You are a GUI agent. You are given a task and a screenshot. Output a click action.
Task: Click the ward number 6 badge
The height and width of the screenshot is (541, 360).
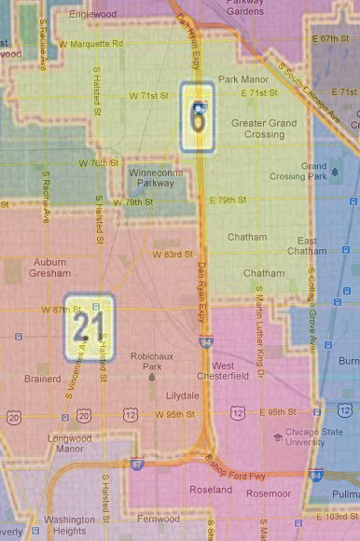pyautogui.click(x=198, y=116)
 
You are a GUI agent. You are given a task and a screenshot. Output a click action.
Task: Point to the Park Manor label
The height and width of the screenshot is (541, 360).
pyautogui.click(x=242, y=79)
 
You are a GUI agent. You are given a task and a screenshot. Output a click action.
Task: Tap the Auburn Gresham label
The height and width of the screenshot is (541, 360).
pyautogui.click(x=50, y=268)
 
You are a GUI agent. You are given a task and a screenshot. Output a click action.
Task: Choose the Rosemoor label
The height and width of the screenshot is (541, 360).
pyautogui.click(x=270, y=493)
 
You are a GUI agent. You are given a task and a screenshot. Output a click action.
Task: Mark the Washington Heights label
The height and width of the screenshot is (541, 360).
pyautogui.click(x=69, y=524)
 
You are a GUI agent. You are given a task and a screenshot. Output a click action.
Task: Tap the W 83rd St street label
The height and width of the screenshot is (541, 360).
pyautogui.click(x=172, y=254)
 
